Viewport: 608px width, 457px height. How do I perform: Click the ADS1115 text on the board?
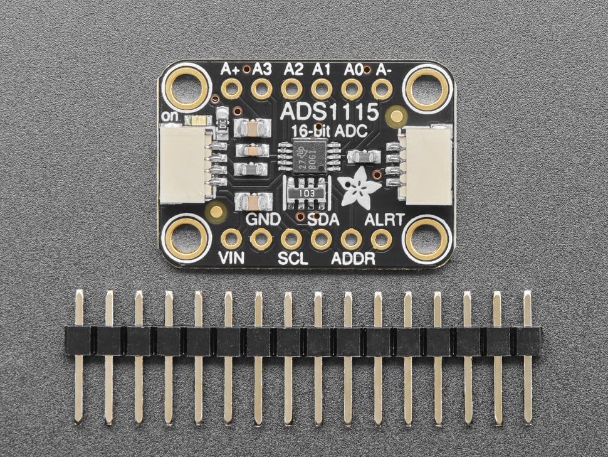330,112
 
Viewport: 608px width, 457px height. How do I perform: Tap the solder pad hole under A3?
261,89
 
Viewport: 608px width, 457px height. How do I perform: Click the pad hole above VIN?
231,239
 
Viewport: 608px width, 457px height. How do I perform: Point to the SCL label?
292,258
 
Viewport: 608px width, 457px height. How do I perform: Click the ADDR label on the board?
354,258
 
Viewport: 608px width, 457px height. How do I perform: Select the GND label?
262,220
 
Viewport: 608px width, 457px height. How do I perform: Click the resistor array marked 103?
307,192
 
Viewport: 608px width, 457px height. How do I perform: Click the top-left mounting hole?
186,87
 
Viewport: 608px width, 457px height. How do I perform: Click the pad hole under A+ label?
231,89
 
